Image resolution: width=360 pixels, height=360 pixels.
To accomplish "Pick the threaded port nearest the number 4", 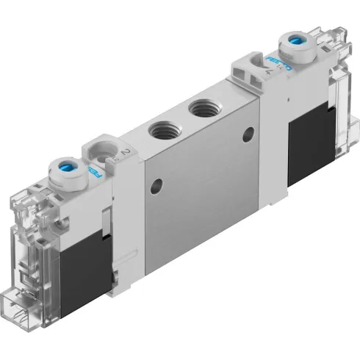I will (202, 110).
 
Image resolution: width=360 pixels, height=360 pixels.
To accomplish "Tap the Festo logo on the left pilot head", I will (93, 171).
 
